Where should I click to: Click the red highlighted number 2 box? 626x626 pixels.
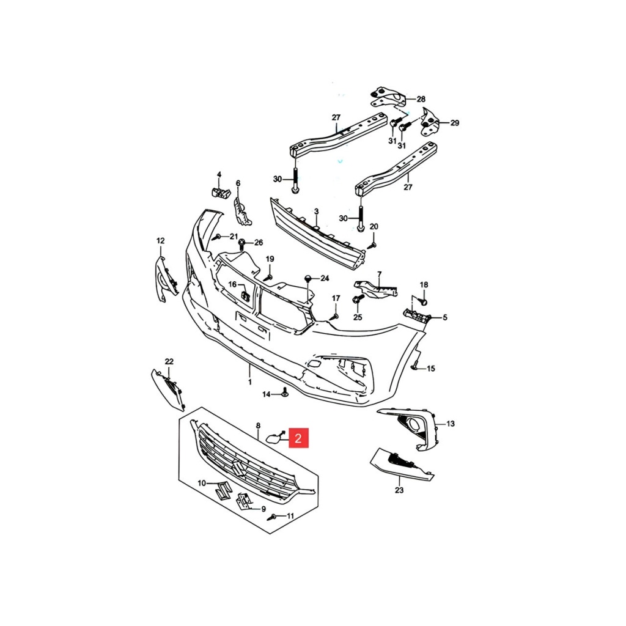point(298,438)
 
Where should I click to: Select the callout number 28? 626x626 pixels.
point(421,99)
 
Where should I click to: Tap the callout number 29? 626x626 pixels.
point(455,123)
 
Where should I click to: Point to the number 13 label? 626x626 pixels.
point(451,424)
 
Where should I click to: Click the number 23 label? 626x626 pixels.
point(399,490)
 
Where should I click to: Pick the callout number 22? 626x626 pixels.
point(169,361)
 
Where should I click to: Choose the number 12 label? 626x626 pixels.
point(160,241)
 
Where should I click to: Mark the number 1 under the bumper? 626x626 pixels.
point(250,382)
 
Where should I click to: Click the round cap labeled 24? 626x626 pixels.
point(308,278)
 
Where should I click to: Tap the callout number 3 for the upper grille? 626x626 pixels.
point(316,211)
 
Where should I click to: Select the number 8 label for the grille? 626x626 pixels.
point(258,426)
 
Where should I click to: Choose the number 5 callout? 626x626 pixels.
point(445,318)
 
